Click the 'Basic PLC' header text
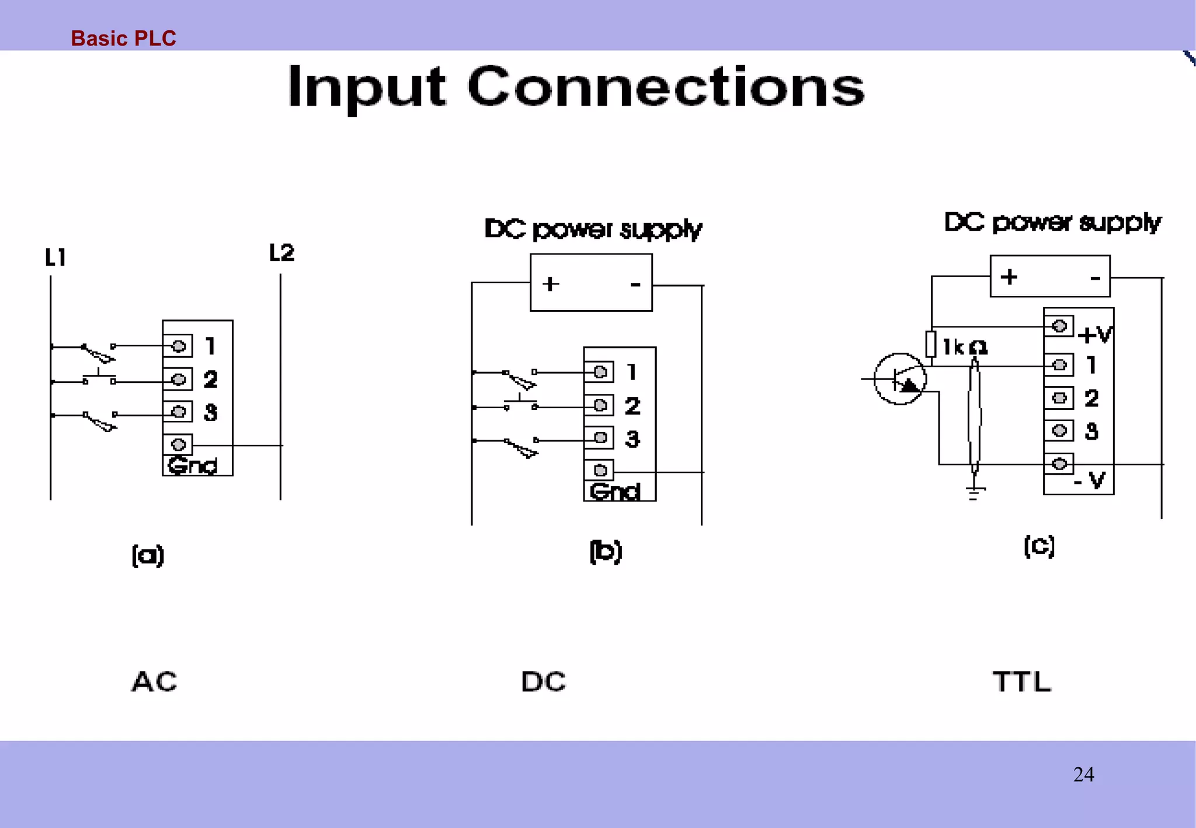[123, 39]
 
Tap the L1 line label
[55, 258]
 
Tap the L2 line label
[281, 253]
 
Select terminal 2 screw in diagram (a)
[178, 379]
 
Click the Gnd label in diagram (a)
[192, 465]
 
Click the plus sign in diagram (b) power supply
[550, 284]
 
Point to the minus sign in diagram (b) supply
[635, 284]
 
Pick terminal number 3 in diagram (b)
[632, 439]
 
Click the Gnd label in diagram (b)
[614, 492]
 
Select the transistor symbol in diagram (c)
[900, 380]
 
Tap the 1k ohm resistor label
[965, 347]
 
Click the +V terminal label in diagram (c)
[1095, 335]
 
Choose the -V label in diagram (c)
[1090, 481]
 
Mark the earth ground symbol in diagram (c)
[974, 493]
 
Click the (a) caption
[148, 555]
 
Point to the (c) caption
[1039, 546]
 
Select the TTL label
[1022, 681]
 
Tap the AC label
[154, 681]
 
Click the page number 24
[1083, 775]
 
